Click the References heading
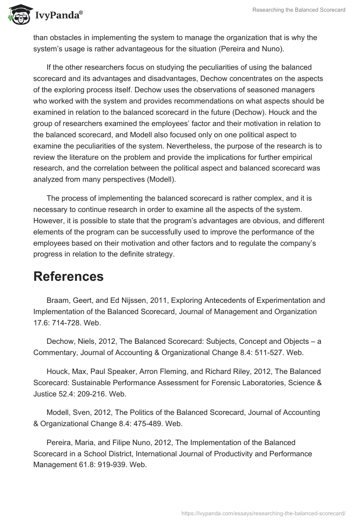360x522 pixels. coord(68,276)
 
